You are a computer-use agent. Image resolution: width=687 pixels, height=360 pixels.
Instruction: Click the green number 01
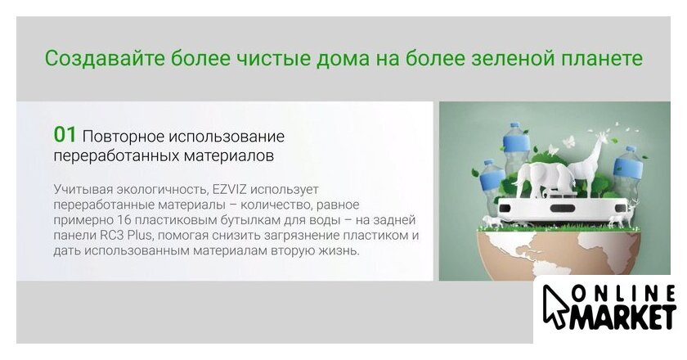pos(65,135)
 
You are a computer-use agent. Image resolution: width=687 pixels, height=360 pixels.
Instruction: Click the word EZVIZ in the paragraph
pos(230,190)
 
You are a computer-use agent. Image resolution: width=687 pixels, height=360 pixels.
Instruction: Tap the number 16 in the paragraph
pos(125,220)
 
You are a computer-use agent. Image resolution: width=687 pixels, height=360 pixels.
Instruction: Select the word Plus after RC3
pos(140,235)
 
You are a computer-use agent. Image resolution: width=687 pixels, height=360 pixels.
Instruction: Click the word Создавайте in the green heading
pos(105,58)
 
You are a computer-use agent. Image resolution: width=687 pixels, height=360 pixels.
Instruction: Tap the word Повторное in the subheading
pos(122,137)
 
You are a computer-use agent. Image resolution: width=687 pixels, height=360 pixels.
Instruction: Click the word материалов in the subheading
pos(229,155)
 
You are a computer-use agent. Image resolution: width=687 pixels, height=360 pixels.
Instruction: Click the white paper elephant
pos(543,178)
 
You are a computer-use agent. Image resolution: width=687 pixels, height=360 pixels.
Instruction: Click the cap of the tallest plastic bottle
pos(514,125)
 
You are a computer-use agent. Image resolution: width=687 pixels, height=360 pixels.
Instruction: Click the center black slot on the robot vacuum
pos(560,208)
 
